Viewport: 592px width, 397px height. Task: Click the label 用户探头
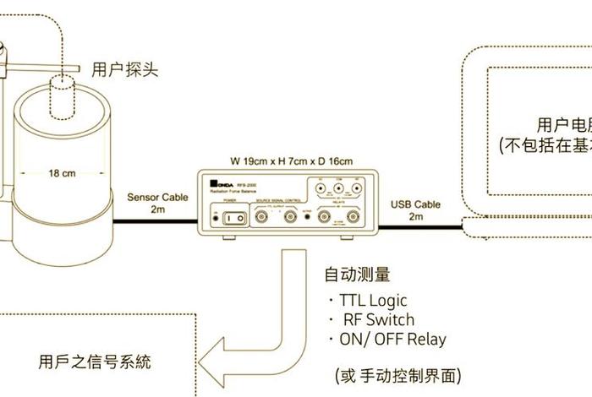(124, 68)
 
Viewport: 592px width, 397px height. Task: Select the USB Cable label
(415, 204)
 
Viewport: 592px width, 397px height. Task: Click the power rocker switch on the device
(235, 218)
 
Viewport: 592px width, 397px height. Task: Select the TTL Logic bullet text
(372, 300)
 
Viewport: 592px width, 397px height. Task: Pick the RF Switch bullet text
(377, 319)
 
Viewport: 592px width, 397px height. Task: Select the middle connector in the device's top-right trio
(339, 189)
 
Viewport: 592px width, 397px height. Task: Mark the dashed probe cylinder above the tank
(60, 97)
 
